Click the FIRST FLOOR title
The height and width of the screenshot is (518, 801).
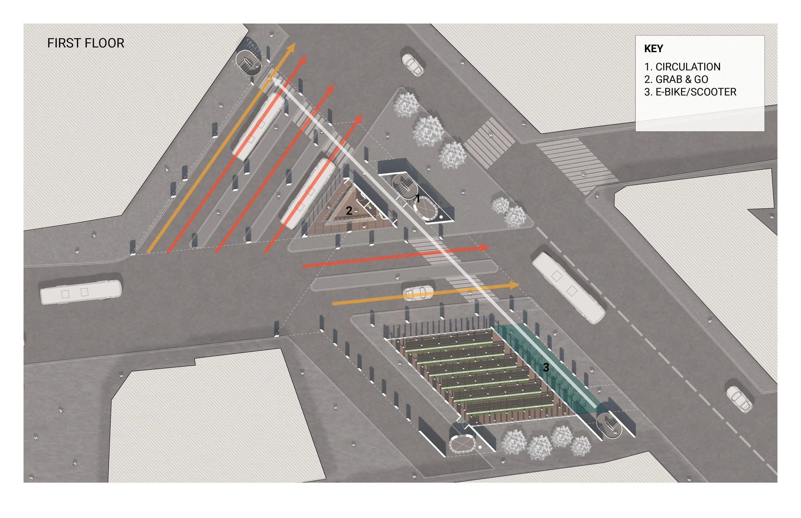point(86,43)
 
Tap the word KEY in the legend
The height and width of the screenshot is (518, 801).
point(653,49)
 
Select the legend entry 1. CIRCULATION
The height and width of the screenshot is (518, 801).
point(682,67)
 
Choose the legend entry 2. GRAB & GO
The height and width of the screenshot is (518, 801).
point(676,79)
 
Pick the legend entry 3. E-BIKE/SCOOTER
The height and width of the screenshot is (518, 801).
point(690,92)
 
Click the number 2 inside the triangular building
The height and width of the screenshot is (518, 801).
point(349,211)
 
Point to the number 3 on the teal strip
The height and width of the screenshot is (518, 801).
point(546,367)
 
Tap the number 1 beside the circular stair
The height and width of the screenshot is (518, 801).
point(417,199)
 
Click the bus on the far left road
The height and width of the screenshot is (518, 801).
point(81,292)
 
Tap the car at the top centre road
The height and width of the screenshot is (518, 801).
point(413,65)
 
